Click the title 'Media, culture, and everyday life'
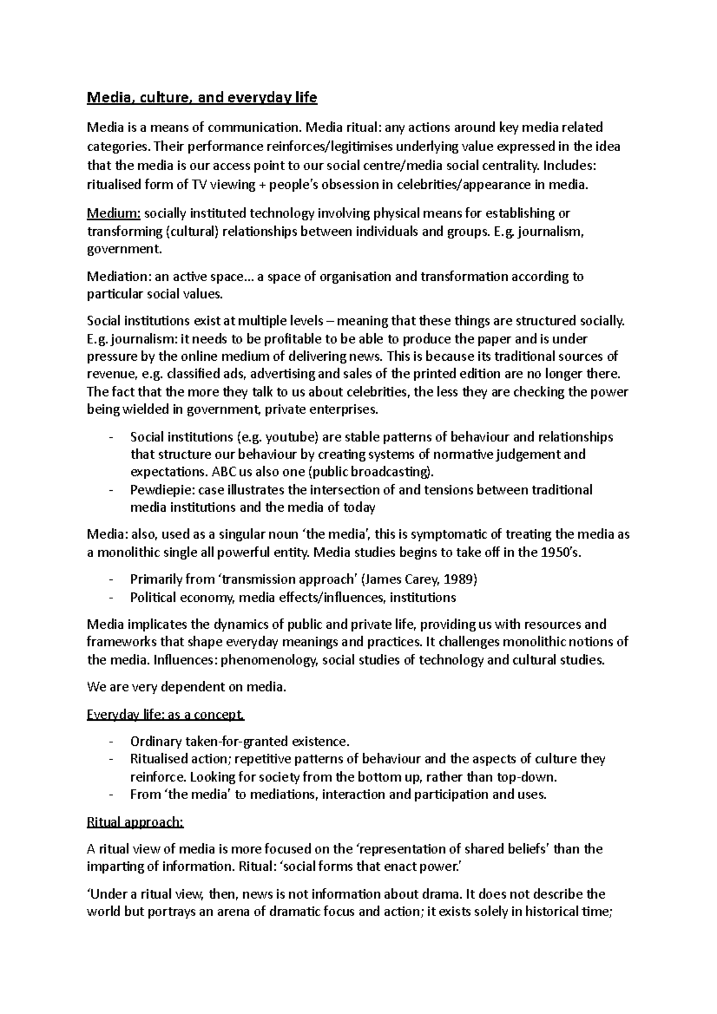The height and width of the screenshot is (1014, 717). click(202, 97)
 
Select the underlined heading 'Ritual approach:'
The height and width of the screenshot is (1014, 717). click(136, 822)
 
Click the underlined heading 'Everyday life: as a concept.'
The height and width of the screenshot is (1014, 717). click(166, 715)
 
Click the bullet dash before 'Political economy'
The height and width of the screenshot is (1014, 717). click(111, 598)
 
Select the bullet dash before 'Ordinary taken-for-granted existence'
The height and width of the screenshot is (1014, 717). click(111, 742)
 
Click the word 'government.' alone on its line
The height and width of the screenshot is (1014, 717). click(124, 249)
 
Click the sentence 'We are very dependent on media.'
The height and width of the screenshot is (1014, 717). click(187, 687)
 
